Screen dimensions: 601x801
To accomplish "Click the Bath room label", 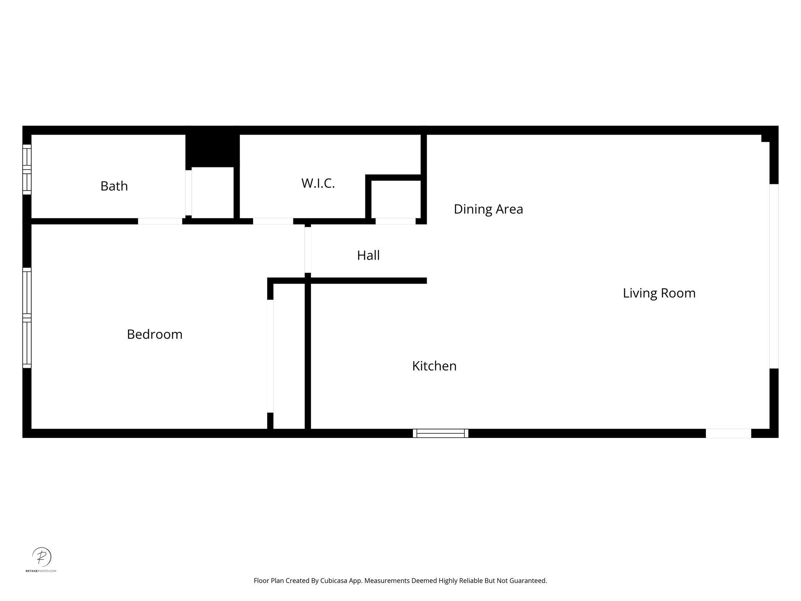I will click(x=114, y=186).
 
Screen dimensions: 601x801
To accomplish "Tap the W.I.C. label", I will click(x=318, y=183).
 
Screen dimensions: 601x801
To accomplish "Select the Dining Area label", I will click(x=488, y=209).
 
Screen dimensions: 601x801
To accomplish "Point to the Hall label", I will click(x=368, y=256).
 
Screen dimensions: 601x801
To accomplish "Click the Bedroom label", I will click(x=154, y=334).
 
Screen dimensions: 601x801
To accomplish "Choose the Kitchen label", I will click(x=434, y=366).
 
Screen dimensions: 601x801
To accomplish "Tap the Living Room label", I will click(x=659, y=293).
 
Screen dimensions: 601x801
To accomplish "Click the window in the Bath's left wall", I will click(x=27, y=169).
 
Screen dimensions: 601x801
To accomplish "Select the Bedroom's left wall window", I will click(x=27, y=318).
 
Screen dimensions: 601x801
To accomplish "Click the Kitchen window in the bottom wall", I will click(x=440, y=433).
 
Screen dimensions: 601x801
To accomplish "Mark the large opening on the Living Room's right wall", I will click(x=774, y=276).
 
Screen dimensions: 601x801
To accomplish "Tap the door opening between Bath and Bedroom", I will click(x=160, y=221).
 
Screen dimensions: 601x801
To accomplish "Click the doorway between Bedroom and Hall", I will click(x=308, y=250).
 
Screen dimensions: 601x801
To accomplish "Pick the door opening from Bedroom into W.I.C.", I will click(x=273, y=221).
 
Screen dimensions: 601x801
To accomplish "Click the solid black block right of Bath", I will click(x=212, y=147).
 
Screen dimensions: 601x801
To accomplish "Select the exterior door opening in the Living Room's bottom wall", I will click(x=728, y=433).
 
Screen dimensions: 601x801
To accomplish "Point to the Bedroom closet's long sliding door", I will click(x=270, y=356).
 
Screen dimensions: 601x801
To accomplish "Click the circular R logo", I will click(x=41, y=556).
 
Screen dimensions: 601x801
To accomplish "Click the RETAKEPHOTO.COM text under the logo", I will click(x=41, y=571).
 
